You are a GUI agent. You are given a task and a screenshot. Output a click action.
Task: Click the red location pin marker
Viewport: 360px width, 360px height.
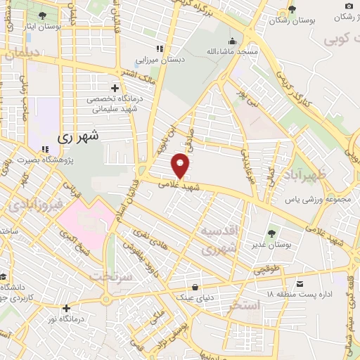point(181,166)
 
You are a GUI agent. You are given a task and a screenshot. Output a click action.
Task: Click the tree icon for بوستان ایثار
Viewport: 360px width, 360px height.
point(43,15)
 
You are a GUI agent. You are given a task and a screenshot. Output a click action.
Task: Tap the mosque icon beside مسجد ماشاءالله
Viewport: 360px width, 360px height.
point(233,40)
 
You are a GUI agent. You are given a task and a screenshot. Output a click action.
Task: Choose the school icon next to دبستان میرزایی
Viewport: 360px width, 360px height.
point(160,49)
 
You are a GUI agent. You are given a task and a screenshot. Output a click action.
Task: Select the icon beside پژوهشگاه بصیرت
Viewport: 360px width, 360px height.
point(44,149)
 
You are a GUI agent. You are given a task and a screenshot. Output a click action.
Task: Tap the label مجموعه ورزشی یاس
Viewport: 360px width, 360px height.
point(308,199)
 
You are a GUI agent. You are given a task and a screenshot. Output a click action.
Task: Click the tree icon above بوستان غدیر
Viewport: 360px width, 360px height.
point(271,233)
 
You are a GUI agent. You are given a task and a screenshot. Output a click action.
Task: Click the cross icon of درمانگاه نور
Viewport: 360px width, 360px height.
point(66,308)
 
